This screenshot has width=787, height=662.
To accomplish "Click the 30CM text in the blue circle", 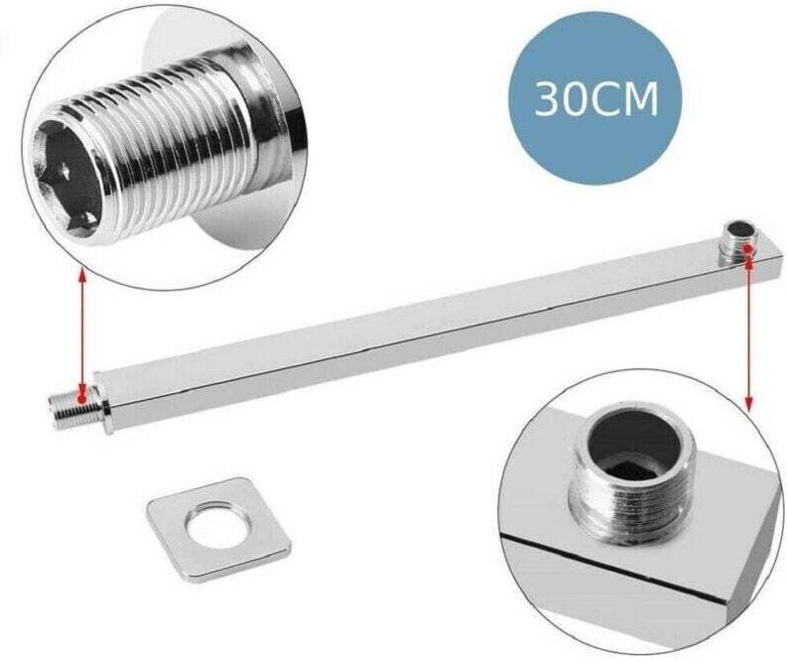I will tap(596, 99).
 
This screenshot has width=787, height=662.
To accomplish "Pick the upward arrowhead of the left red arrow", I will tap(82, 275).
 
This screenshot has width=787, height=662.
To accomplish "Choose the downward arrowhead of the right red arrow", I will tap(748, 404).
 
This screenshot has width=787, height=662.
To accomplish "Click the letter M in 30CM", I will tap(642, 99).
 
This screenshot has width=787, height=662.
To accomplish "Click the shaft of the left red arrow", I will tap(82, 332).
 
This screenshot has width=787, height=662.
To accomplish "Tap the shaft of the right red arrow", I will tap(748, 328).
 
